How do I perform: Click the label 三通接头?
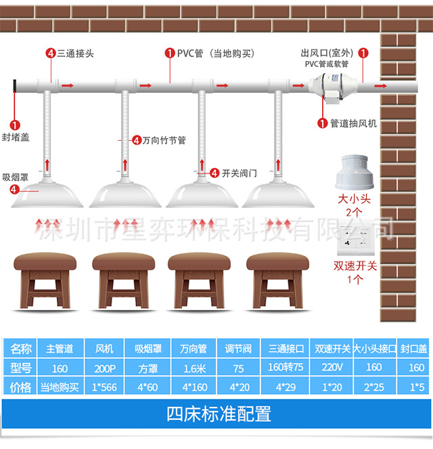coord(72,53)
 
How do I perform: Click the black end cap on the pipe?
coord(15,87)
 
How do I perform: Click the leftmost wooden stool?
coord(45,278)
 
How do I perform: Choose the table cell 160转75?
coord(285,368)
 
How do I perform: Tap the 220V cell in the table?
coord(332,368)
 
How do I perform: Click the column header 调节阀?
coord(238,349)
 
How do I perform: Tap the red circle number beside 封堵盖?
coord(16,125)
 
